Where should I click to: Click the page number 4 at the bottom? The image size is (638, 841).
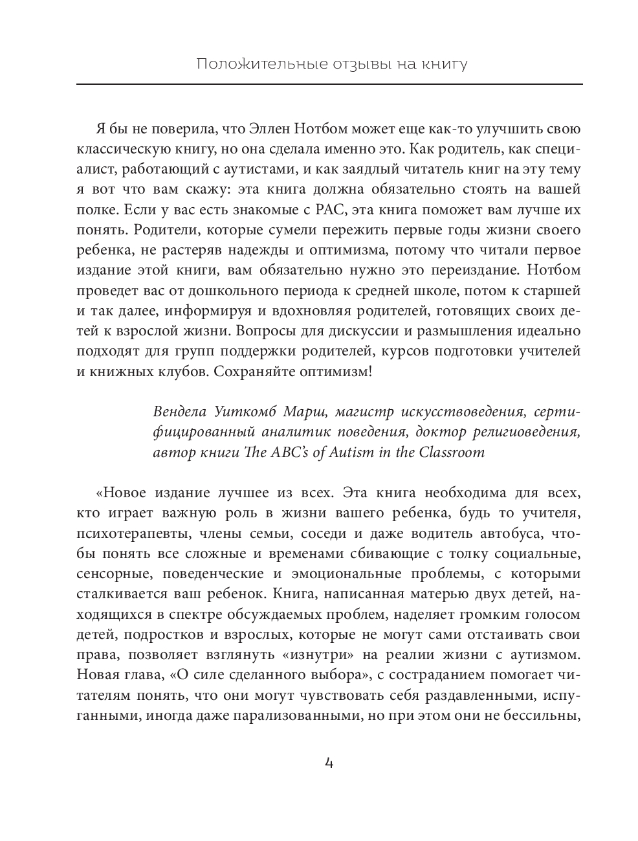click(x=328, y=763)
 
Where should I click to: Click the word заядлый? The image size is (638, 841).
click(x=371, y=170)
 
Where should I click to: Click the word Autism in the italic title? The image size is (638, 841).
click(x=355, y=453)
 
